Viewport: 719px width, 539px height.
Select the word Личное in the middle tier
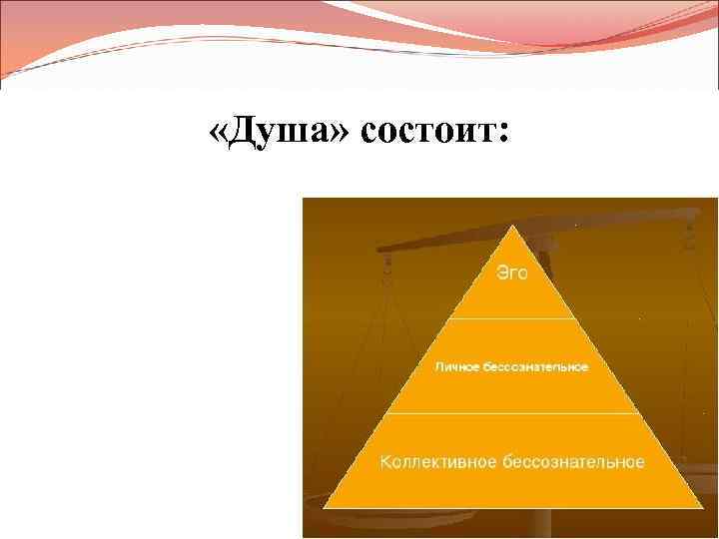pyautogui.click(x=457, y=366)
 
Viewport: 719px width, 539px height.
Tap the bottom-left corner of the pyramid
pyautogui.click(x=326, y=509)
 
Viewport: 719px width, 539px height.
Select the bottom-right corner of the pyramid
pyautogui.click(x=700, y=509)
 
